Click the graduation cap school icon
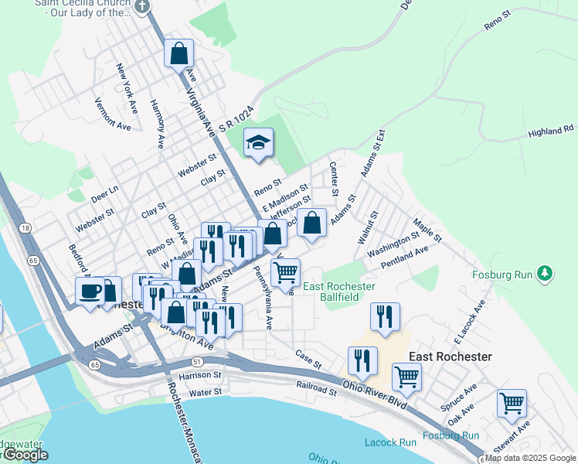click(259, 142)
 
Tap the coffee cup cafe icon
click(90, 291)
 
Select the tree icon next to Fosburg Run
click(546, 273)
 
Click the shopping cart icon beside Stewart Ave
click(512, 403)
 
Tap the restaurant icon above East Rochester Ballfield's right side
click(384, 316)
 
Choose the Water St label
click(206, 393)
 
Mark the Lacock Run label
click(390, 442)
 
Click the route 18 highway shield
click(25, 228)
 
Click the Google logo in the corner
click(25, 455)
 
